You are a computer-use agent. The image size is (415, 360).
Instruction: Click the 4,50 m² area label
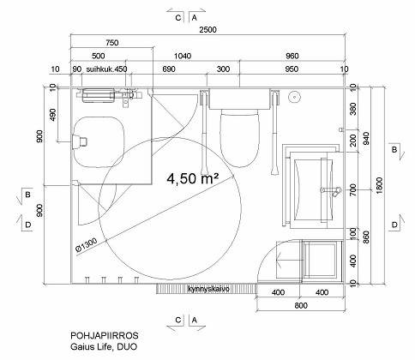pyautogui.click(x=193, y=178)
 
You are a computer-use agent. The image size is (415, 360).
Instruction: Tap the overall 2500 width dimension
pyautogui.click(x=207, y=30)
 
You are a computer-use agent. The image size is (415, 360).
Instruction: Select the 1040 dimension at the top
pyautogui.click(x=183, y=56)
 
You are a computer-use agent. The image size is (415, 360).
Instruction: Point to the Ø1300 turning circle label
pyautogui.click(x=87, y=245)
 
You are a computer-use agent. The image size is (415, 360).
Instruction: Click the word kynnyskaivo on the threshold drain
pyautogui.click(x=208, y=289)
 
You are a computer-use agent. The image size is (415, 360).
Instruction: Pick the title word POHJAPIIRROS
pyautogui.click(x=105, y=335)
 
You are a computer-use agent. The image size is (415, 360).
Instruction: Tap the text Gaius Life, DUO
pyautogui.click(x=104, y=347)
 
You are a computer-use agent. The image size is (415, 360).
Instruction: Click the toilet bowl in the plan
pyautogui.click(x=240, y=139)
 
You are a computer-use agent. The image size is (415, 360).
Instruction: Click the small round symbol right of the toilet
pyautogui.click(x=294, y=97)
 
